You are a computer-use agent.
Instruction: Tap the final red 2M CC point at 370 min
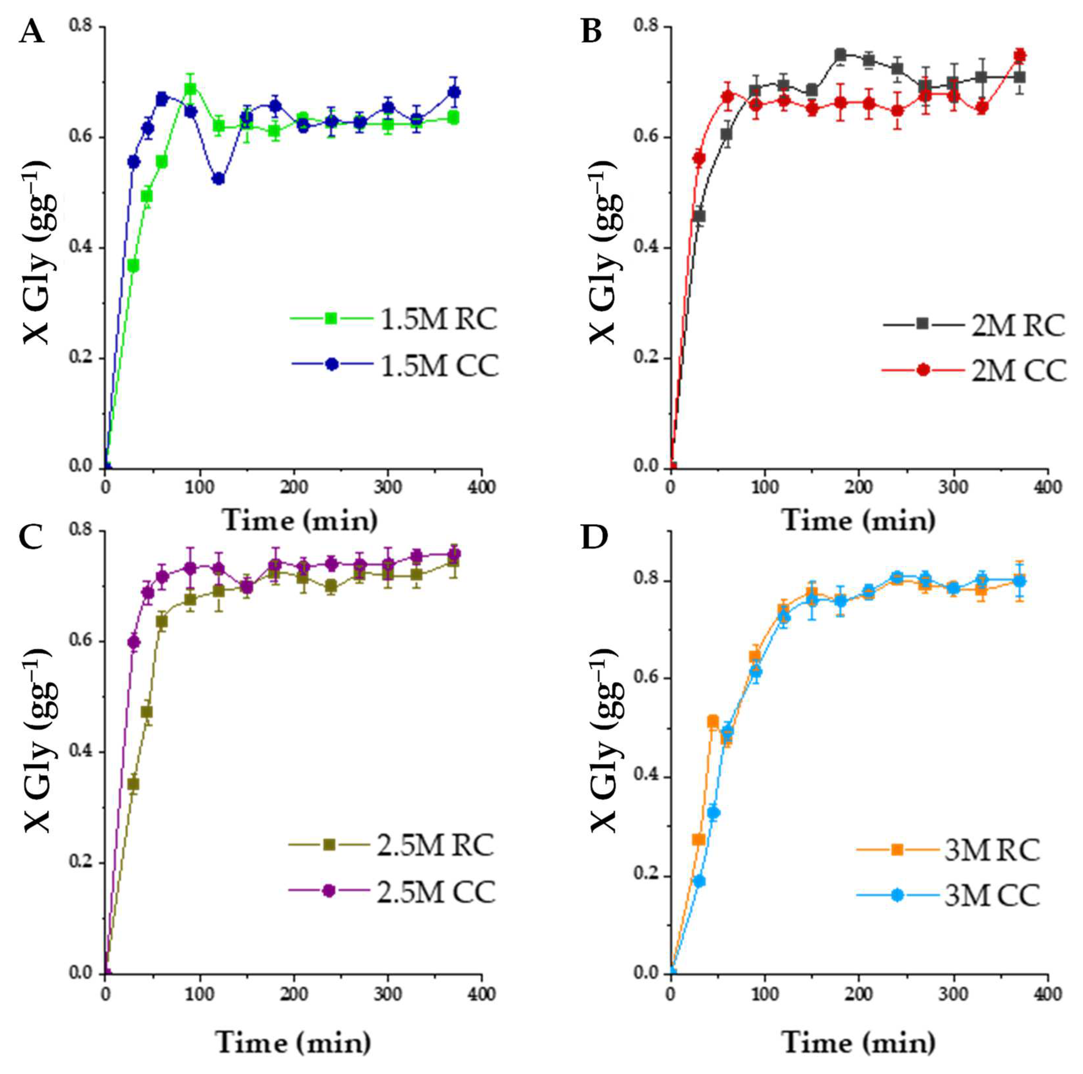tap(1020, 56)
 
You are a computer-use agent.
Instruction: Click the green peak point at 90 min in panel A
tap(191, 89)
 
